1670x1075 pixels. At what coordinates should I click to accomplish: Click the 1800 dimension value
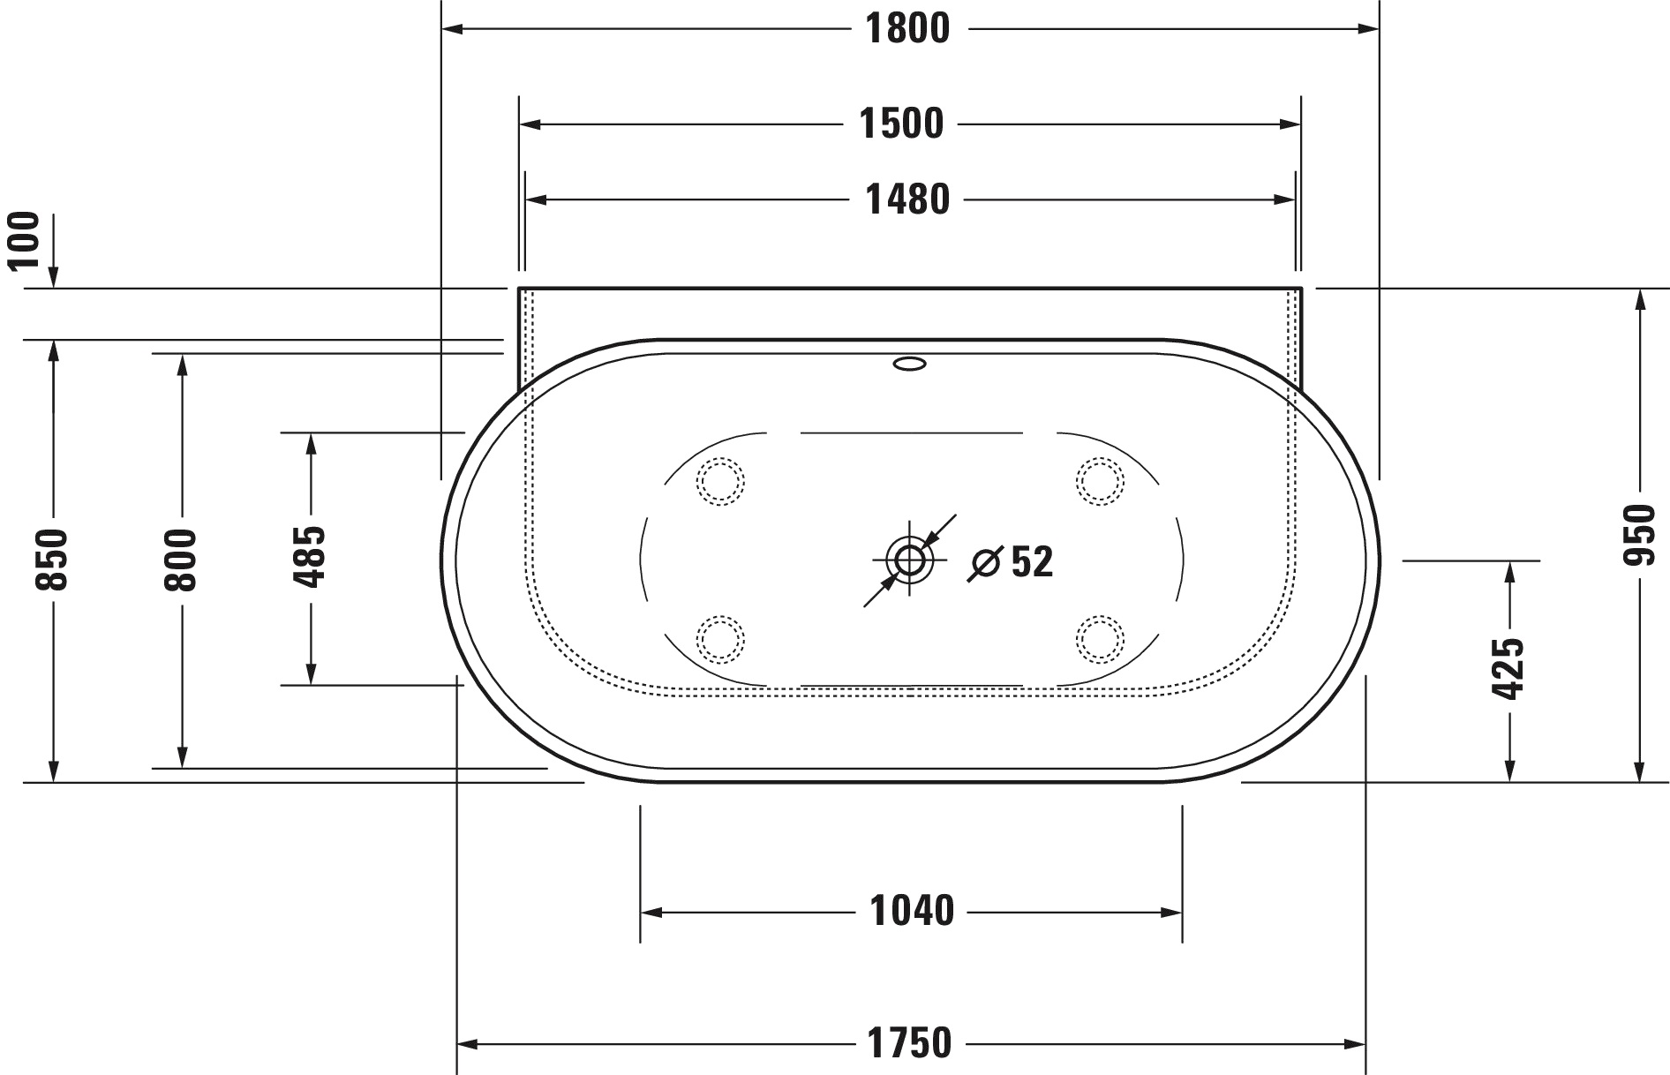(907, 29)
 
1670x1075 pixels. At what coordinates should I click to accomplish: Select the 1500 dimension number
(901, 124)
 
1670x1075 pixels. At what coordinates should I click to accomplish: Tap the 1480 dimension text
(907, 200)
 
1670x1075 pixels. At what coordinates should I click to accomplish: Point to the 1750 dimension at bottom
(909, 1044)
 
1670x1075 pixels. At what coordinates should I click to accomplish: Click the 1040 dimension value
(912, 912)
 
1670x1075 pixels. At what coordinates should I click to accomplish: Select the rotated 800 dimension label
(182, 560)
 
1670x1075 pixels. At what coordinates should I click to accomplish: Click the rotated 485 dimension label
(310, 557)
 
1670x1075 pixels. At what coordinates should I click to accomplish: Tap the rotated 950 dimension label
(1640, 536)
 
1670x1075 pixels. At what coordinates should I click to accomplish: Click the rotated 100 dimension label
(25, 240)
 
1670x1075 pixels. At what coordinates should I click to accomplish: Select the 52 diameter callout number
(1032, 562)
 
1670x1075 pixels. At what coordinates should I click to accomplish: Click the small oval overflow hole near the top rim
(910, 363)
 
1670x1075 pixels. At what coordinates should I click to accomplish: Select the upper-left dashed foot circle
(720, 481)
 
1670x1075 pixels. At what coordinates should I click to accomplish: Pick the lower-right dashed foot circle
(1100, 638)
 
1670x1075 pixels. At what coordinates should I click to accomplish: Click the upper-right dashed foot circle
(1100, 481)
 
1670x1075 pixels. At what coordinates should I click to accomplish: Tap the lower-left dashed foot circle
(720, 638)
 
